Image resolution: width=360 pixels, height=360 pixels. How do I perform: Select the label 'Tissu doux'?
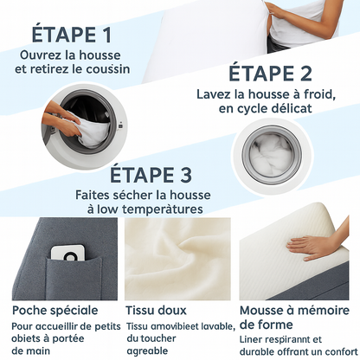(x=157, y=310)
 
